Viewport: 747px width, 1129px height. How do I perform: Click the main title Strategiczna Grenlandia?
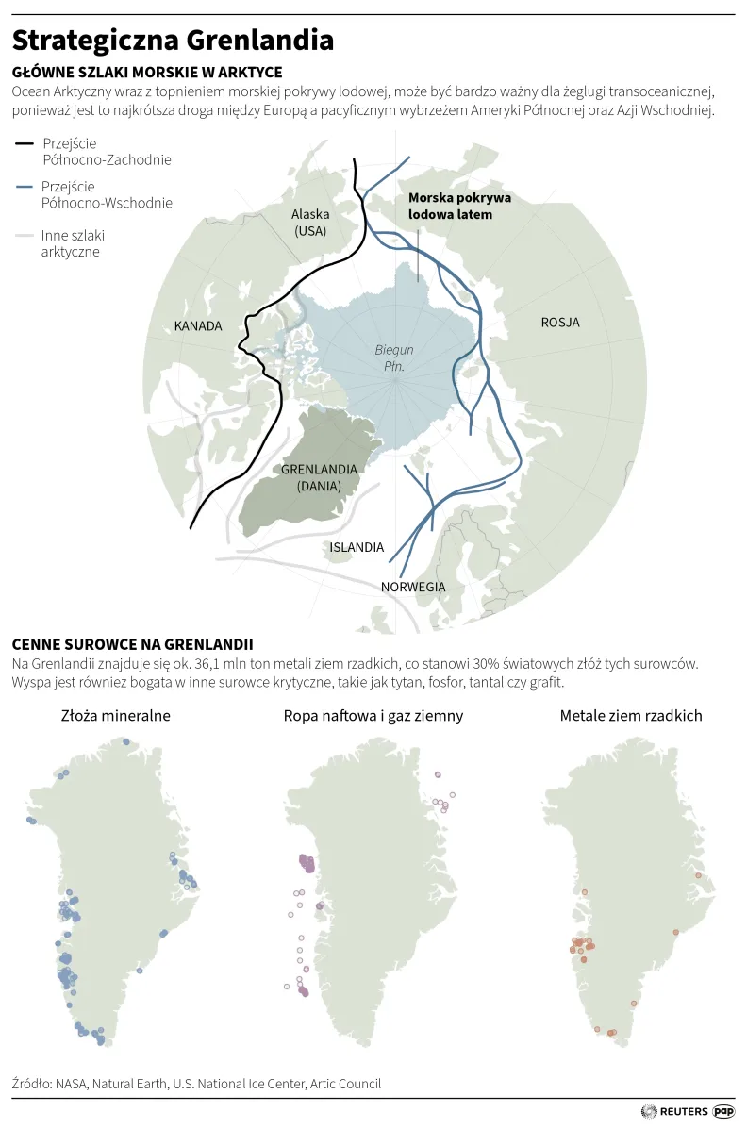pyautogui.click(x=173, y=41)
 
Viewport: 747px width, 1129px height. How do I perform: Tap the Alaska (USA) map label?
pyautogui.click(x=310, y=223)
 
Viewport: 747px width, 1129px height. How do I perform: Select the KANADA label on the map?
pyautogui.click(x=198, y=326)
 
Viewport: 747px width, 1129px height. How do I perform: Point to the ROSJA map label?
pyautogui.click(x=560, y=323)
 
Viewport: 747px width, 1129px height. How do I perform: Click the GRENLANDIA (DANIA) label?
pyautogui.click(x=318, y=477)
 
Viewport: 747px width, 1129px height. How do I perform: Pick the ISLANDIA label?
pyautogui.click(x=357, y=547)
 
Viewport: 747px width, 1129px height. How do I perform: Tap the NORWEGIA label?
pyautogui.click(x=413, y=587)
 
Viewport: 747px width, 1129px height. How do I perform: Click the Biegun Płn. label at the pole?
pyautogui.click(x=394, y=357)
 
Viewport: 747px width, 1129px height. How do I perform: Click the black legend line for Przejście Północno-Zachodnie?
pyautogui.click(x=25, y=143)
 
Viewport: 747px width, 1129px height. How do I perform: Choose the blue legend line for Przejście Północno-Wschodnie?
pyautogui.click(x=25, y=188)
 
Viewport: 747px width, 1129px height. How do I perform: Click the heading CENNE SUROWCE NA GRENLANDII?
pyautogui.click(x=132, y=644)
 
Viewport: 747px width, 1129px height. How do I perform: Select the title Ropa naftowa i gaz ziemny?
pyautogui.click(x=373, y=716)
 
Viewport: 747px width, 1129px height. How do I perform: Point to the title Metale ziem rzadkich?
pyautogui.click(x=631, y=716)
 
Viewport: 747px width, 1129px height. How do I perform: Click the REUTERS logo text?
pyautogui.click(x=684, y=1112)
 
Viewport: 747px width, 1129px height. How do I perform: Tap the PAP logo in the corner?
pyautogui.click(x=723, y=1112)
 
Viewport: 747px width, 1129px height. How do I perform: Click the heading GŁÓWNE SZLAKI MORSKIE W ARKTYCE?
pyautogui.click(x=146, y=73)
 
